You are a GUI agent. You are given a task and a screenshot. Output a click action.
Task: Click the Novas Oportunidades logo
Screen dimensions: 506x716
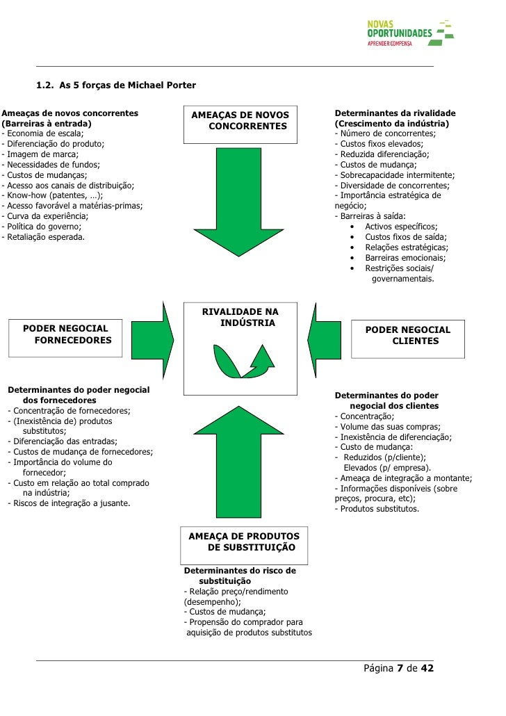409,33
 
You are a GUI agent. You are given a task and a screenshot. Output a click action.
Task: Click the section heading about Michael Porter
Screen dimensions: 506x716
116,86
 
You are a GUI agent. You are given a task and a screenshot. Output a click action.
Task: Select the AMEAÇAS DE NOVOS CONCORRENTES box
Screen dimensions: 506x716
240,120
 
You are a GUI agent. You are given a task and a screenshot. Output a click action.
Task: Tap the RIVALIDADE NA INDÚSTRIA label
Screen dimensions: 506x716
240,318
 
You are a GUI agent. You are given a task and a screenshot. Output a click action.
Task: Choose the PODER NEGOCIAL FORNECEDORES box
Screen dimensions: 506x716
67,334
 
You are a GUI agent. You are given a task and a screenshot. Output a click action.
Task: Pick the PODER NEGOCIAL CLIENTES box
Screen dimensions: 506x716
408,335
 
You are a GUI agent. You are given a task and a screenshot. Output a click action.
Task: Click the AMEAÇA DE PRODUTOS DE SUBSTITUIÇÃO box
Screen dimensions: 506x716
244,542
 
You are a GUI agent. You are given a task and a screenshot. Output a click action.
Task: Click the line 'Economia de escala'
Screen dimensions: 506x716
43,133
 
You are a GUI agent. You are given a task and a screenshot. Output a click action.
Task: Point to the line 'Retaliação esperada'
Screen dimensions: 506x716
44,237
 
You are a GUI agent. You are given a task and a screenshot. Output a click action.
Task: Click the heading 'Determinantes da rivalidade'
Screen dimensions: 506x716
395,113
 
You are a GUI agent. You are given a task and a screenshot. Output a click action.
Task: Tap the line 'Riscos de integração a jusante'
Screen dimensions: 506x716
69,503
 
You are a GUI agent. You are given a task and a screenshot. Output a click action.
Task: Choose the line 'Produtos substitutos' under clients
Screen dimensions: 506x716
377,508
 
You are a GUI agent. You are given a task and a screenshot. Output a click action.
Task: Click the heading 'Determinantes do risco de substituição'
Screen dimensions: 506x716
240,576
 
